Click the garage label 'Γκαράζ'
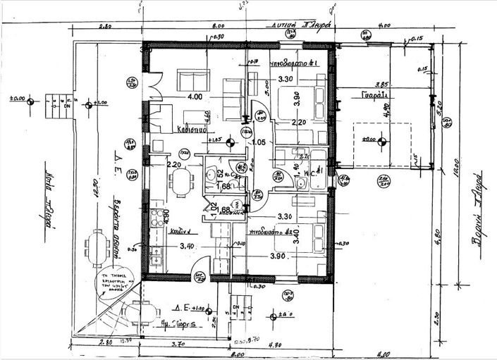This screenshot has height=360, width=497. [x=373, y=94]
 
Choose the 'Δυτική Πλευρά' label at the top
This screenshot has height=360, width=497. [x=295, y=24]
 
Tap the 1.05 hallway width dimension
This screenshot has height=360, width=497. [x=259, y=143]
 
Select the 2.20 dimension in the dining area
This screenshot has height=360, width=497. [x=175, y=165]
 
